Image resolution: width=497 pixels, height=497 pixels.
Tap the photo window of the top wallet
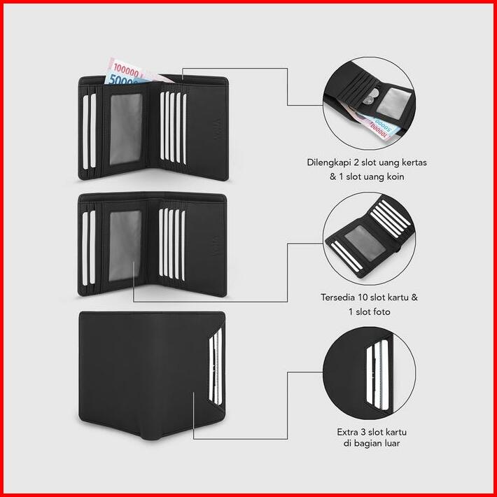coord(127,127)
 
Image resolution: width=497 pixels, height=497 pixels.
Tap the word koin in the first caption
coord(393,177)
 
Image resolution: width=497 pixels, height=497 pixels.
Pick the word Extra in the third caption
coord(347,431)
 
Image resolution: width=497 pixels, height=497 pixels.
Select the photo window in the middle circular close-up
coord(361,240)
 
